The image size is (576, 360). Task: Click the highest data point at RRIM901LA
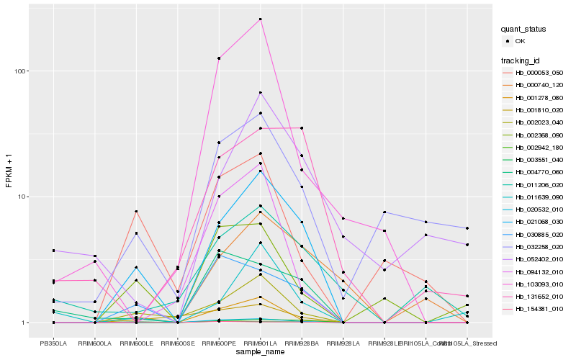tap(260, 19)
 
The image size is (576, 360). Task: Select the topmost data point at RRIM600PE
tap(219, 58)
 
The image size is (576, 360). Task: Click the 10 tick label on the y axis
tap(22, 197)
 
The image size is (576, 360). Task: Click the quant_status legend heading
tap(524, 30)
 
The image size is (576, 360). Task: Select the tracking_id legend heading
tap(521, 60)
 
